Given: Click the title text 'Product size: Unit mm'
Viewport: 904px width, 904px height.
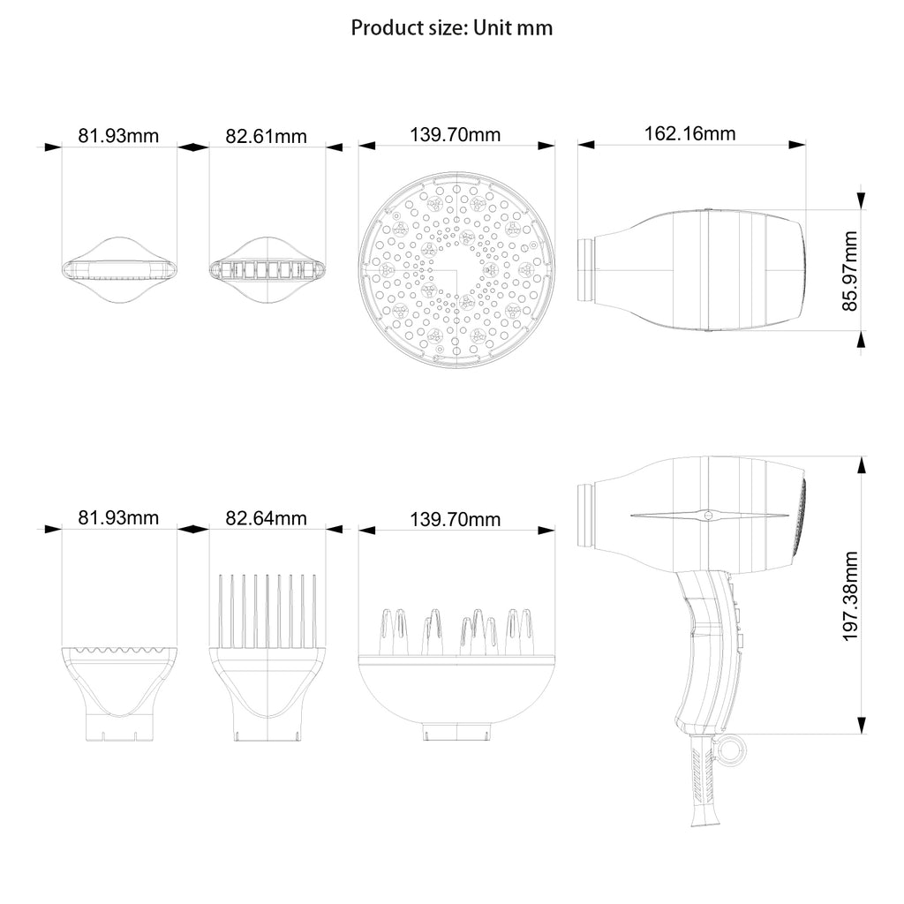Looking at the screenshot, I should [x=452, y=27].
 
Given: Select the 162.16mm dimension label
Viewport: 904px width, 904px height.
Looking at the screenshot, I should [x=690, y=134].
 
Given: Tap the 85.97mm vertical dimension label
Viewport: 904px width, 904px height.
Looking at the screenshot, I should [x=850, y=271].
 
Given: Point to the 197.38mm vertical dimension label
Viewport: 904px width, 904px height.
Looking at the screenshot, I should [x=850, y=595].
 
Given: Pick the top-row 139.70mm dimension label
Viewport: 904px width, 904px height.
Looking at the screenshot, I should [x=456, y=135].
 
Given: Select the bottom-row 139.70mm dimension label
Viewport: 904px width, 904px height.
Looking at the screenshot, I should [x=456, y=519].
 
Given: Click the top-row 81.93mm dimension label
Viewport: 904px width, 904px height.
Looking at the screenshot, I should [x=119, y=136].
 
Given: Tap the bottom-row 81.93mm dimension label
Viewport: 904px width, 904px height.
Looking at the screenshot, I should [x=119, y=518].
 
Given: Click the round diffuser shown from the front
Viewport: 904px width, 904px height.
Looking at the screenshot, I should [x=456, y=269].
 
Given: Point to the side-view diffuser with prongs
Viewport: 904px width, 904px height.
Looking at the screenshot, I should [x=456, y=680].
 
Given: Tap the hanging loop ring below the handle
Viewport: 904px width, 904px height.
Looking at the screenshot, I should [x=732, y=750].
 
